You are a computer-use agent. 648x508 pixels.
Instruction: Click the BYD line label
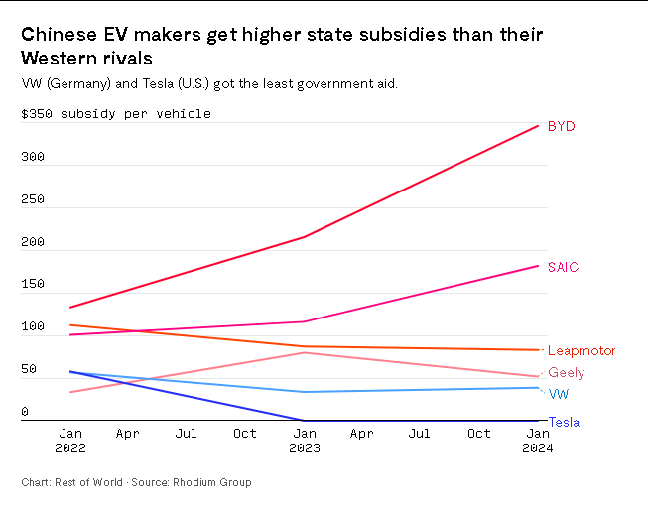click(x=561, y=126)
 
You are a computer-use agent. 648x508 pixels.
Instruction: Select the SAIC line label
click(x=563, y=267)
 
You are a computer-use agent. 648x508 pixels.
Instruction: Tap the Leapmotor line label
click(x=582, y=350)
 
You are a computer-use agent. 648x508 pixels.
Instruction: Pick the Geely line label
click(x=566, y=373)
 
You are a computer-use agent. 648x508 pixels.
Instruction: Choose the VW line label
click(x=559, y=394)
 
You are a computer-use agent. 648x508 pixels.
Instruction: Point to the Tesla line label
click(x=564, y=422)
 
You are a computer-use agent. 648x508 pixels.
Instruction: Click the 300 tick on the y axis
click(x=33, y=158)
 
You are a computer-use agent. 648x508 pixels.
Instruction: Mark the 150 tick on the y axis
click(x=33, y=285)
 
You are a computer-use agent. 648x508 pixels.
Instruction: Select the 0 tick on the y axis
click(x=25, y=412)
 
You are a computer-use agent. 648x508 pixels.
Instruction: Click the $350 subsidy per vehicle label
click(x=116, y=114)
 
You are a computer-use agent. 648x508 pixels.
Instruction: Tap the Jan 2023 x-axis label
click(x=304, y=441)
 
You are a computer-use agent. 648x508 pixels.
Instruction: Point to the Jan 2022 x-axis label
click(x=70, y=441)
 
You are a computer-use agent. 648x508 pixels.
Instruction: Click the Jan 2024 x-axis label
click(x=538, y=441)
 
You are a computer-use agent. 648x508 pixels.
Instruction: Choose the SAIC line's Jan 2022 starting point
click(x=71, y=335)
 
